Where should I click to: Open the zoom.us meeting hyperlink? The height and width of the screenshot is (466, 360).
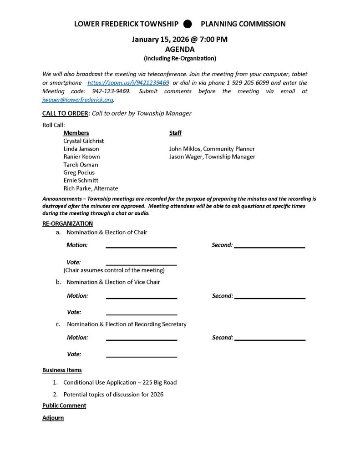(x=128, y=83)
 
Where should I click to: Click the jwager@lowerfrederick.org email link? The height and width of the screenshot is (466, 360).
(x=77, y=99)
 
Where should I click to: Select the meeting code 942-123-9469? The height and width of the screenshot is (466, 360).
(x=108, y=91)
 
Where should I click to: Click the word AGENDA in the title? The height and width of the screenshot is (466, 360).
(x=180, y=49)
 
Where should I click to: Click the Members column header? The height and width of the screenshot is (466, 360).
(x=76, y=133)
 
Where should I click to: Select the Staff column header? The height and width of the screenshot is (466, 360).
(x=175, y=133)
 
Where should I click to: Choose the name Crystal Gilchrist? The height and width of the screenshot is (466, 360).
(x=84, y=141)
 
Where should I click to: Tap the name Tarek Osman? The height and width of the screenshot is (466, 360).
(x=81, y=165)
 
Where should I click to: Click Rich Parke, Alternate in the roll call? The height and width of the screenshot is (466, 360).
(x=91, y=188)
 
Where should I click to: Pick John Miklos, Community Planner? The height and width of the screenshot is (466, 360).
(x=212, y=149)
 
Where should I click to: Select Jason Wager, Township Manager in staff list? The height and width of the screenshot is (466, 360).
(x=212, y=157)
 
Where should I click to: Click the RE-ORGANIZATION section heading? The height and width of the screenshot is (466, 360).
(x=67, y=223)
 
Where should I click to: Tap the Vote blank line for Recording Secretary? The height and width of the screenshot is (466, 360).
(x=141, y=356)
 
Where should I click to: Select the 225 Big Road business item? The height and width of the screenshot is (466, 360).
(x=120, y=382)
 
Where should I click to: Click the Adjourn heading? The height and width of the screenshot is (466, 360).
(x=53, y=418)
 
